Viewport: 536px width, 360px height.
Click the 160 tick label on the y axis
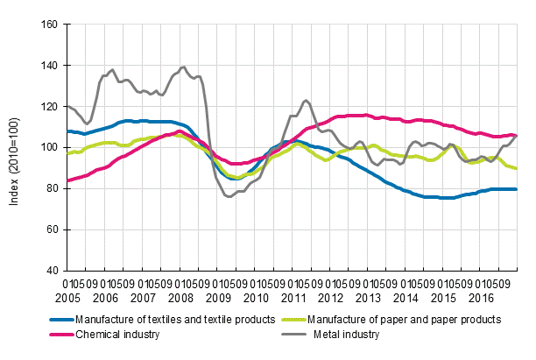point(49,25)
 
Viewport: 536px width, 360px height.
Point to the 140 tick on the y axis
point(49,66)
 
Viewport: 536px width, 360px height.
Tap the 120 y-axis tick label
point(49,106)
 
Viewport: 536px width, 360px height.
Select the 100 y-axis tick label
point(49,147)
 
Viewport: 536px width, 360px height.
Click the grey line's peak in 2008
point(183,67)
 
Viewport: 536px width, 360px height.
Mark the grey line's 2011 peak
point(305,100)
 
